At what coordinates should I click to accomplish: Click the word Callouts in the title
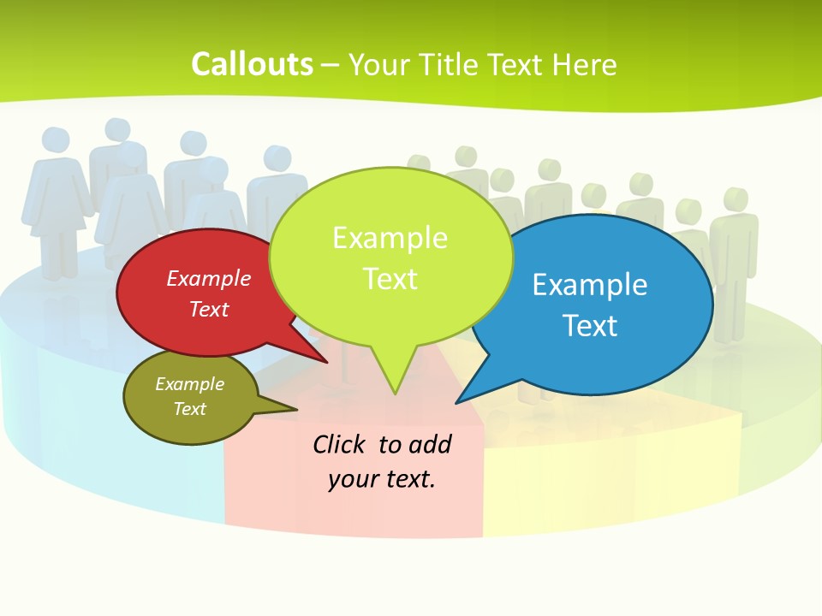point(252,64)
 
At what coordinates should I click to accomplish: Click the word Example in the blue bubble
point(590,285)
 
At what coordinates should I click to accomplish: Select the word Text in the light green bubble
point(390,279)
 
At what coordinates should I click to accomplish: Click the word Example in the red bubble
point(209,278)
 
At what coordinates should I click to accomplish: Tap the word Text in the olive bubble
point(189,409)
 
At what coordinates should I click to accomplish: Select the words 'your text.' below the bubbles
point(382,479)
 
